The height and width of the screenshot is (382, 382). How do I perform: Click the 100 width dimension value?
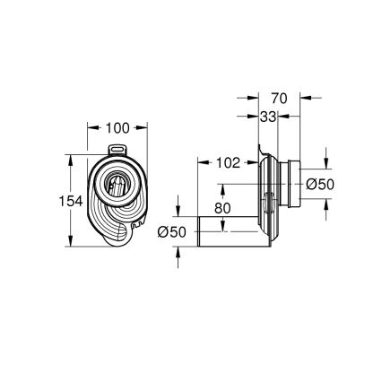[117, 128]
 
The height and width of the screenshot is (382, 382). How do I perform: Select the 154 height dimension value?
[45, 201]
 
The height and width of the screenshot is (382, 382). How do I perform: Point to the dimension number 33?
[266, 116]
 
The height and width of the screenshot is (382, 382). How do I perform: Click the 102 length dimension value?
[228, 162]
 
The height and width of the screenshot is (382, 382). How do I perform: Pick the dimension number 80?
[222, 208]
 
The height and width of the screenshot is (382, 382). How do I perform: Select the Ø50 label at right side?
[321, 184]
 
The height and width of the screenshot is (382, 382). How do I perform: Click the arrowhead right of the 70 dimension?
[303, 99]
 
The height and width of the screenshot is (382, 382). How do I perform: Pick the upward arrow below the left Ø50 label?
[179, 254]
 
